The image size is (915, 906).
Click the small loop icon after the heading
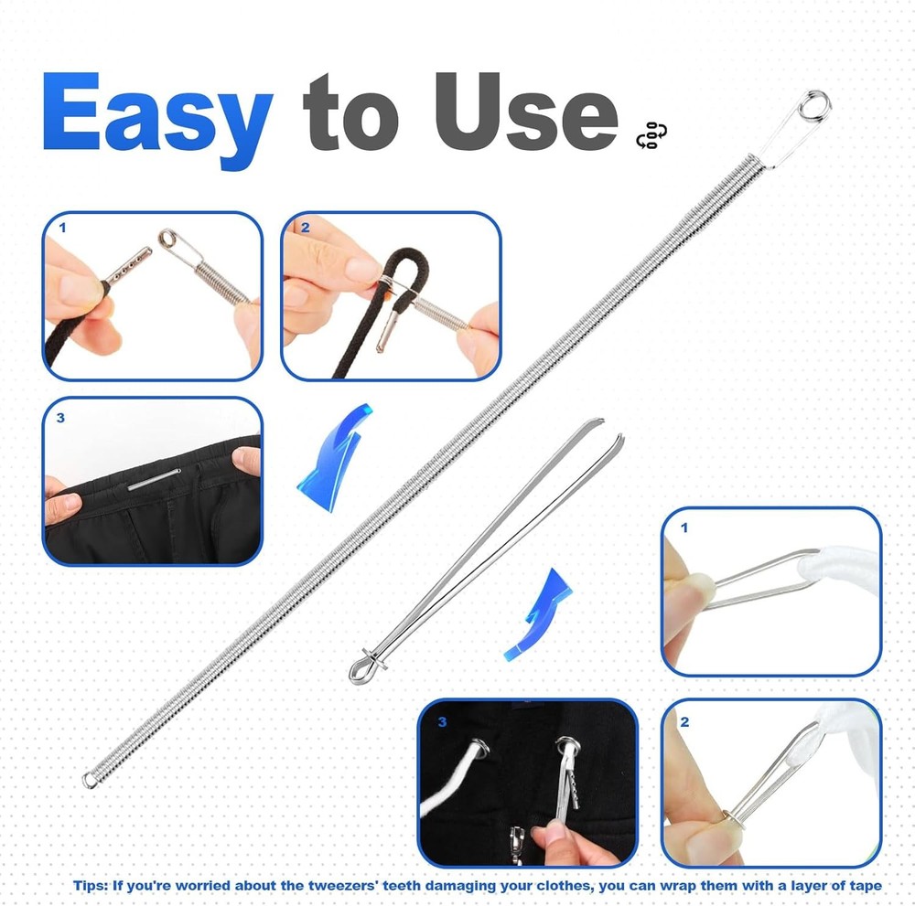[651, 134]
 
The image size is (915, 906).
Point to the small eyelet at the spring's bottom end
[91, 780]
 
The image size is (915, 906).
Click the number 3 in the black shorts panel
[61, 419]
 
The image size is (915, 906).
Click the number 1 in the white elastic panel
[684, 528]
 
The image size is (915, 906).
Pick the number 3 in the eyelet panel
[443, 722]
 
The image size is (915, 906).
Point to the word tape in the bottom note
[865, 885]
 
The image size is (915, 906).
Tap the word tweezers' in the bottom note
[350, 885]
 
